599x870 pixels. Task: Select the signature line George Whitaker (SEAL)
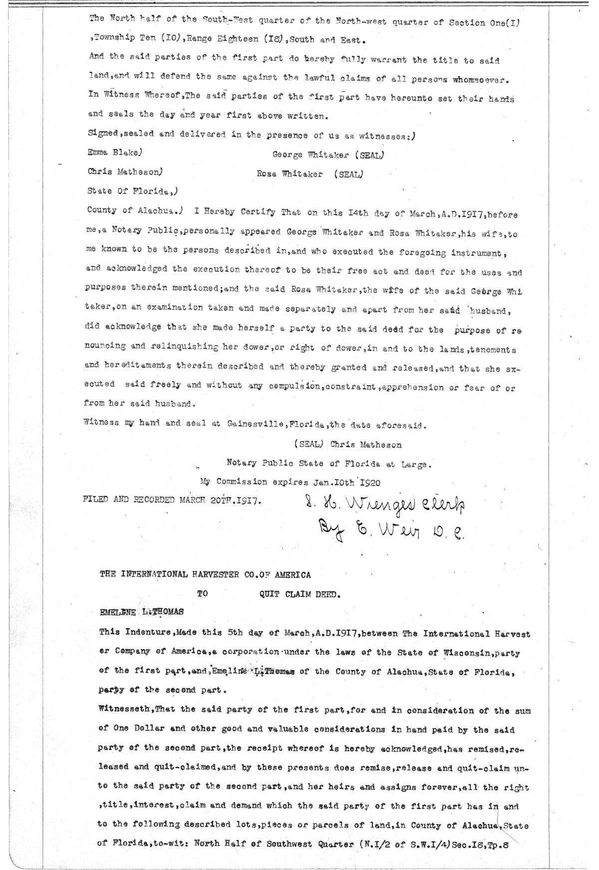[328, 155]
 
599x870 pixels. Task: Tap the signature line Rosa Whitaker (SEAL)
[309, 174]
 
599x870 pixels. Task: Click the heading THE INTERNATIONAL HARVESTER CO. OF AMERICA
[205, 575]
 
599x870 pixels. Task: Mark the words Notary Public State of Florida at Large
[327, 464]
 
